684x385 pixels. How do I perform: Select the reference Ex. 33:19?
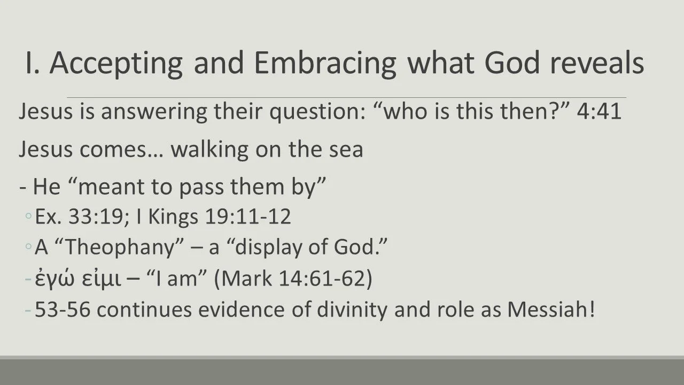69,217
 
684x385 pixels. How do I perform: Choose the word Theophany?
125,248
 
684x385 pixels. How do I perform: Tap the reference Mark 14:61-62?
293,280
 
